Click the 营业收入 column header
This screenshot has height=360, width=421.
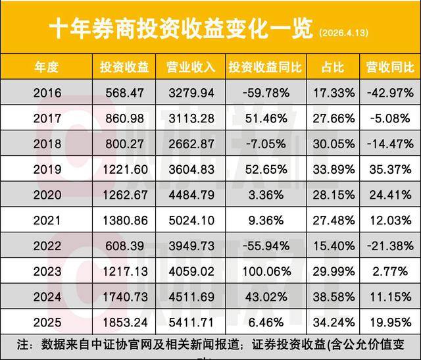click(x=196, y=68)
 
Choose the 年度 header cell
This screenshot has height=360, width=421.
click(x=47, y=68)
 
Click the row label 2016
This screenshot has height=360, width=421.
click(x=47, y=92)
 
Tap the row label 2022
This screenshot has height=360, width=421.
click(x=47, y=245)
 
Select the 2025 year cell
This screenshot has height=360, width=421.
click(x=47, y=322)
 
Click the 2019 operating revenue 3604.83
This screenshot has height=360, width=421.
click(x=196, y=168)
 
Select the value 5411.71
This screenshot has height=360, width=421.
click(x=196, y=322)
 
